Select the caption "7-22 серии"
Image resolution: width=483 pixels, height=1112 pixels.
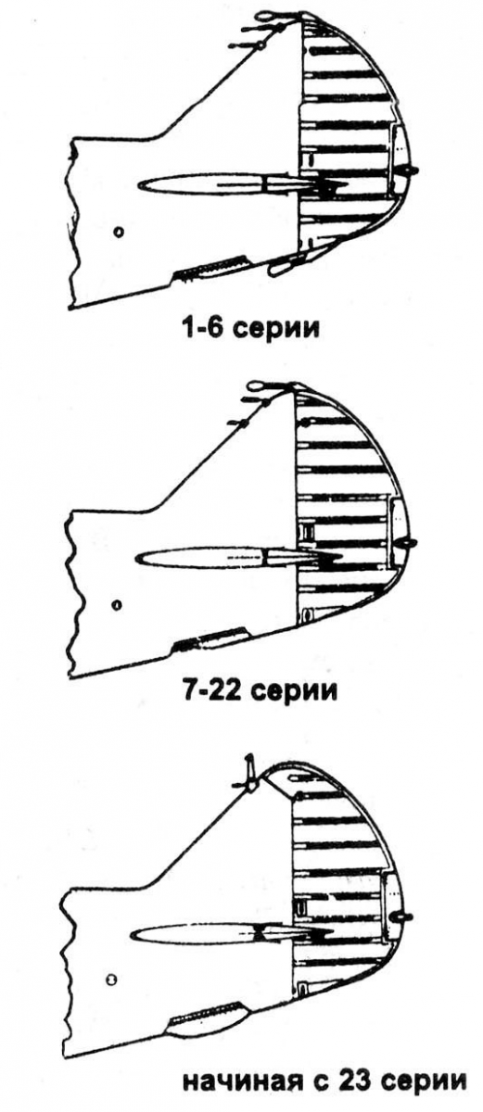click(257, 689)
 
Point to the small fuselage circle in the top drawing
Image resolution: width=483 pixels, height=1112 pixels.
click(118, 232)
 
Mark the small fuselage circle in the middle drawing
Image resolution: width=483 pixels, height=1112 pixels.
click(117, 604)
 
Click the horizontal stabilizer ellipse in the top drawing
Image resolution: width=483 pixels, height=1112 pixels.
click(198, 184)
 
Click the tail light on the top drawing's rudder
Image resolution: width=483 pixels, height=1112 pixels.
click(408, 171)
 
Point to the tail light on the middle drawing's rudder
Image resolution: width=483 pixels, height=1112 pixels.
click(408, 544)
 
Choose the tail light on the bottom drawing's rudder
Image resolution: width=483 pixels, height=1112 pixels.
click(401, 915)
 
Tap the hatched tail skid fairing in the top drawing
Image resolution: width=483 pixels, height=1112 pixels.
click(211, 268)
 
